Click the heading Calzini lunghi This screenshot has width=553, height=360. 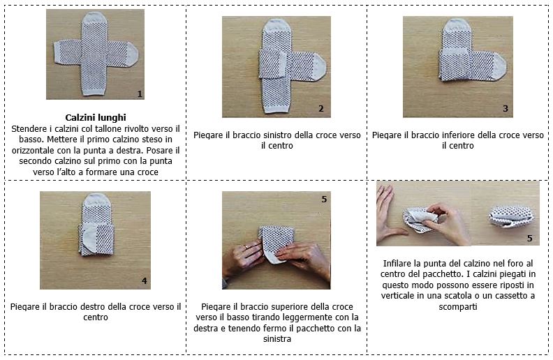coord(96,118)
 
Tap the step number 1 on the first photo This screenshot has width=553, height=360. coord(140,93)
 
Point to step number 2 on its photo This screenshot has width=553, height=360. coord(321,109)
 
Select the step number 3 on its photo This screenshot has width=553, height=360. coord(506,109)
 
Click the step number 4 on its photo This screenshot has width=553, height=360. coord(145,280)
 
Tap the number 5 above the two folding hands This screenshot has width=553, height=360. coord(324,200)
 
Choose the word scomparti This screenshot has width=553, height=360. coord(458,307)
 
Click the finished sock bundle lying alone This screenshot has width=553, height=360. coord(510,216)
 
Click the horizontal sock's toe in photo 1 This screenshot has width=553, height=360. coord(132,55)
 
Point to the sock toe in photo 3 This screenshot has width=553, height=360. coord(501,66)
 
